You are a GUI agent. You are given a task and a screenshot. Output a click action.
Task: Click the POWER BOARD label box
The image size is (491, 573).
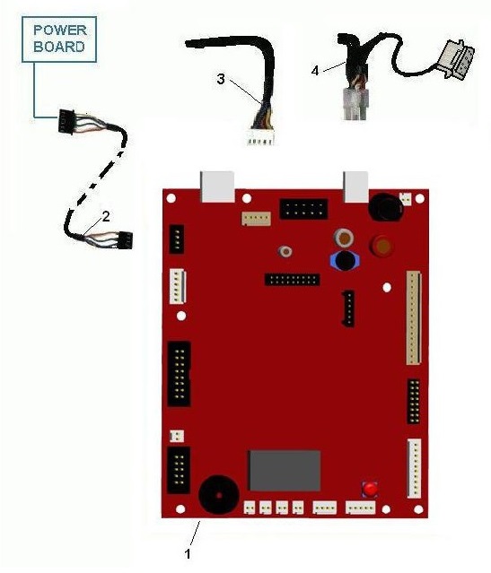pyautogui.click(x=59, y=39)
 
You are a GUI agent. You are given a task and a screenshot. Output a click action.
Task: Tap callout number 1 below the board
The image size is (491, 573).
pyautogui.click(x=188, y=554)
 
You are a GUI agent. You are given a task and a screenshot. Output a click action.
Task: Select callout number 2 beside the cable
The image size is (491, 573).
pyautogui.click(x=106, y=217)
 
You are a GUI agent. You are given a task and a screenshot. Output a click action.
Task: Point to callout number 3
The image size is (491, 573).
pyautogui.click(x=221, y=79)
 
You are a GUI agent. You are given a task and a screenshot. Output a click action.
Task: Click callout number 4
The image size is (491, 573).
pyautogui.click(x=315, y=71)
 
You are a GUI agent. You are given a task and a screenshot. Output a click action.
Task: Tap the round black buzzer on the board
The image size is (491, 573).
pyautogui.click(x=219, y=495)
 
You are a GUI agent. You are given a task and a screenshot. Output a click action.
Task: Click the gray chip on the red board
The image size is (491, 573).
pyautogui.click(x=285, y=470)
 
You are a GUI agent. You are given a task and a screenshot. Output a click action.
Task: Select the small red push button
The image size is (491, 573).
pyautogui.click(x=370, y=489)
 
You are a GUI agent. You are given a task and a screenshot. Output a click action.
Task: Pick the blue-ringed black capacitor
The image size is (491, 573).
pyautogui.click(x=345, y=260)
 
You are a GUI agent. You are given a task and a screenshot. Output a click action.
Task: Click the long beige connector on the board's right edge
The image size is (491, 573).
pyautogui.click(x=414, y=317)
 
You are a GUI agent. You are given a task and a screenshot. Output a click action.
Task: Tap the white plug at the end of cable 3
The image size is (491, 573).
pyautogui.click(x=260, y=137)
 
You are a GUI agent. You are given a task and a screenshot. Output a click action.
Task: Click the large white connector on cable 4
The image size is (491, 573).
pyautogui.click(x=460, y=59)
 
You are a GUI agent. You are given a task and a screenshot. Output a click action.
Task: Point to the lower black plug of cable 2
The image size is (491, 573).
pyautogui.click(x=125, y=239)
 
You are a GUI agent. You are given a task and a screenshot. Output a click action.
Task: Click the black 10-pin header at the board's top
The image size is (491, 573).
pyautogui.click(x=303, y=209)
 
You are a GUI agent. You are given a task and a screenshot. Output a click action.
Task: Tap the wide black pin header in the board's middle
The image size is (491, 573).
pyautogui.click(x=293, y=280)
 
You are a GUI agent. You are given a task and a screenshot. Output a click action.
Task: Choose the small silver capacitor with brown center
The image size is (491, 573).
pyautogui.click(x=285, y=251)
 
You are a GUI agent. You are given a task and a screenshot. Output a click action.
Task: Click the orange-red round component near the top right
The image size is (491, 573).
pyautogui.click(x=382, y=244)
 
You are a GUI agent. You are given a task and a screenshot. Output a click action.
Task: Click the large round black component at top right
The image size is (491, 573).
pyautogui.click(x=385, y=207)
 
